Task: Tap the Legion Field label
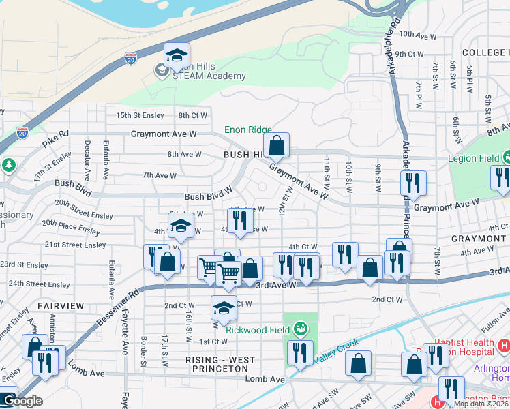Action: [470, 158]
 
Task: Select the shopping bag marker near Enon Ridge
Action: [276, 146]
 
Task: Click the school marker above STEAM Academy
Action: [177, 57]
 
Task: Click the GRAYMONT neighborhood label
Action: [478, 239]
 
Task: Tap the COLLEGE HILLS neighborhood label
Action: [485, 52]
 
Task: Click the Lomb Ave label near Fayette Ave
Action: [86, 374]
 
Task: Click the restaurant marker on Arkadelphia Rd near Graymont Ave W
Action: [413, 183]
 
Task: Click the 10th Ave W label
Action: [417, 33]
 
